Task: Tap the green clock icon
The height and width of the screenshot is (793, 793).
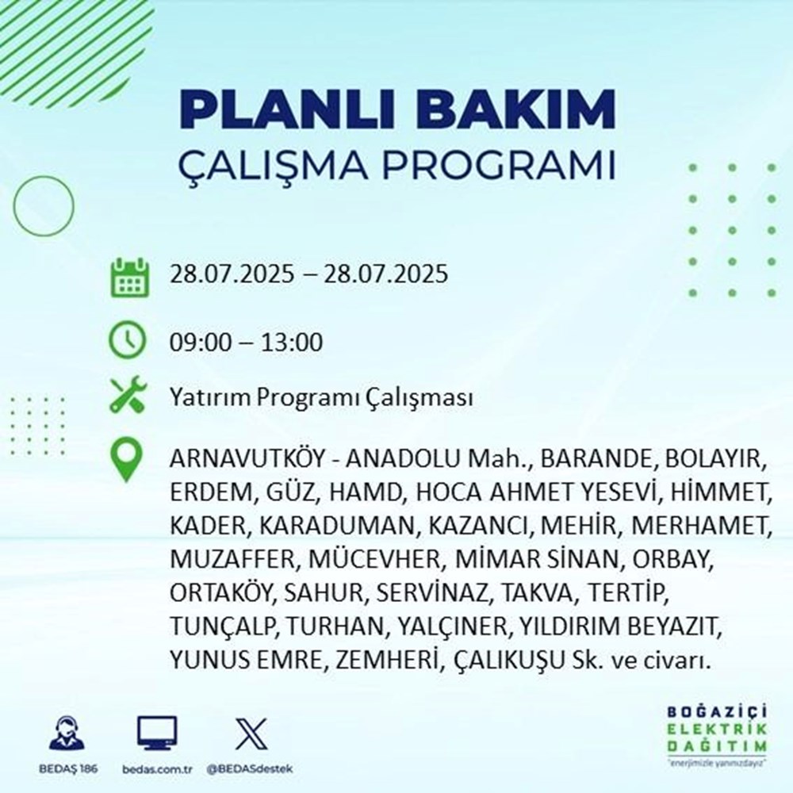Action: pos(128,343)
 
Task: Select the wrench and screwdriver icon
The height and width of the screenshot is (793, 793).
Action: pos(128,396)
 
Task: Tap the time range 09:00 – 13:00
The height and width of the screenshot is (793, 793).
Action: pos(246,343)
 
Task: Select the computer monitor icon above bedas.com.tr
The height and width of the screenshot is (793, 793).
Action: pos(157,734)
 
